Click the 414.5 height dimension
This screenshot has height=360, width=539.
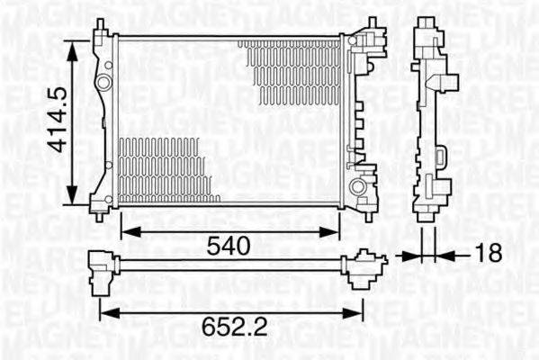57,119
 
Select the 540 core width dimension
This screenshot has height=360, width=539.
229,245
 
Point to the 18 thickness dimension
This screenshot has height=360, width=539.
488,255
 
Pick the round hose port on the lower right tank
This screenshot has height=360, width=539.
359,187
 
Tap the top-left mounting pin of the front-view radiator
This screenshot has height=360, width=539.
100,27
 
